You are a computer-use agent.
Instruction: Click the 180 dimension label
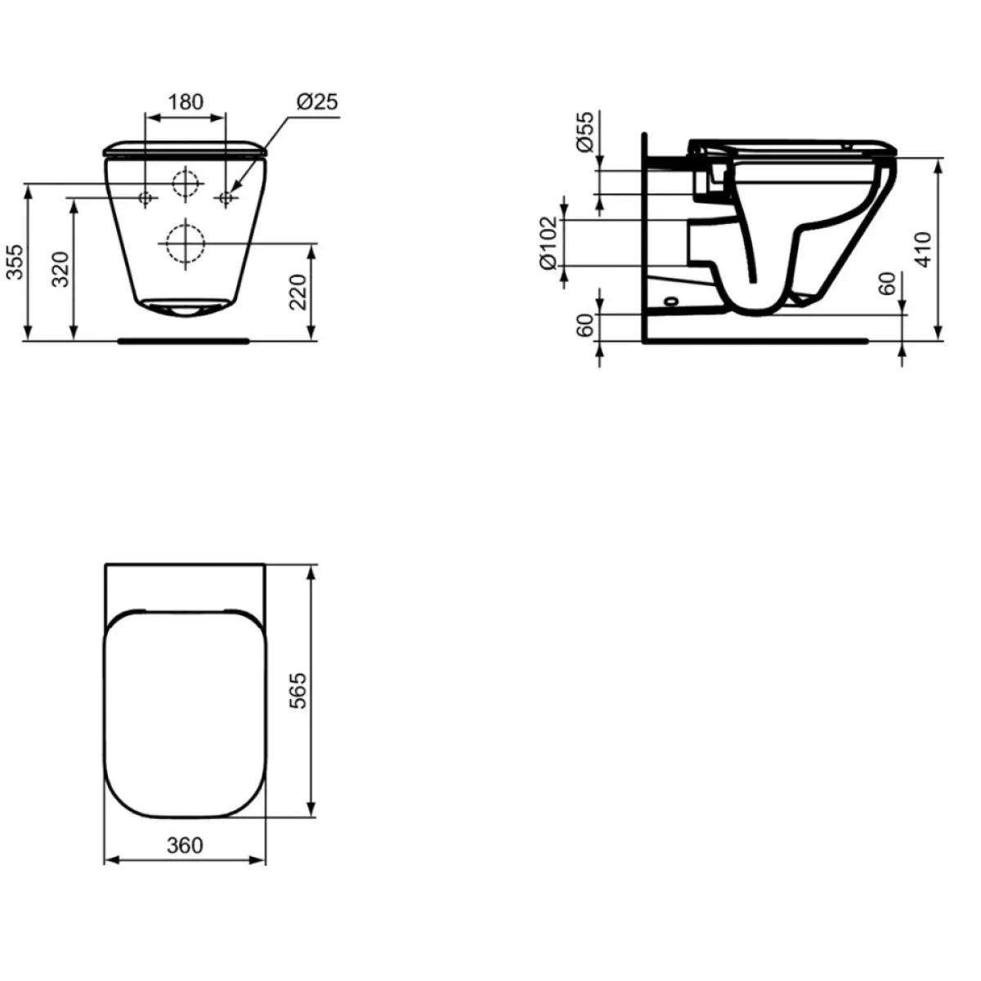coord(186,102)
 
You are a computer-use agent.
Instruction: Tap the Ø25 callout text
coord(318,102)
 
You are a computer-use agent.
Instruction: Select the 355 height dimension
coord(16,262)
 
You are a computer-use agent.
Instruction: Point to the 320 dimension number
coord(61,269)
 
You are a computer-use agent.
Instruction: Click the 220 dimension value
coord(298,292)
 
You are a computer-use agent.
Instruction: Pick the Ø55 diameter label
coord(585,132)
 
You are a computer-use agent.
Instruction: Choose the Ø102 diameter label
coord(549,244)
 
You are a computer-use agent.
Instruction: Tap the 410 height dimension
coord(923,249)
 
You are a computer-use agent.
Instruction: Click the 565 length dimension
coord(298,690)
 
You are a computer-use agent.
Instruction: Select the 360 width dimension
coord(185,845)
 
